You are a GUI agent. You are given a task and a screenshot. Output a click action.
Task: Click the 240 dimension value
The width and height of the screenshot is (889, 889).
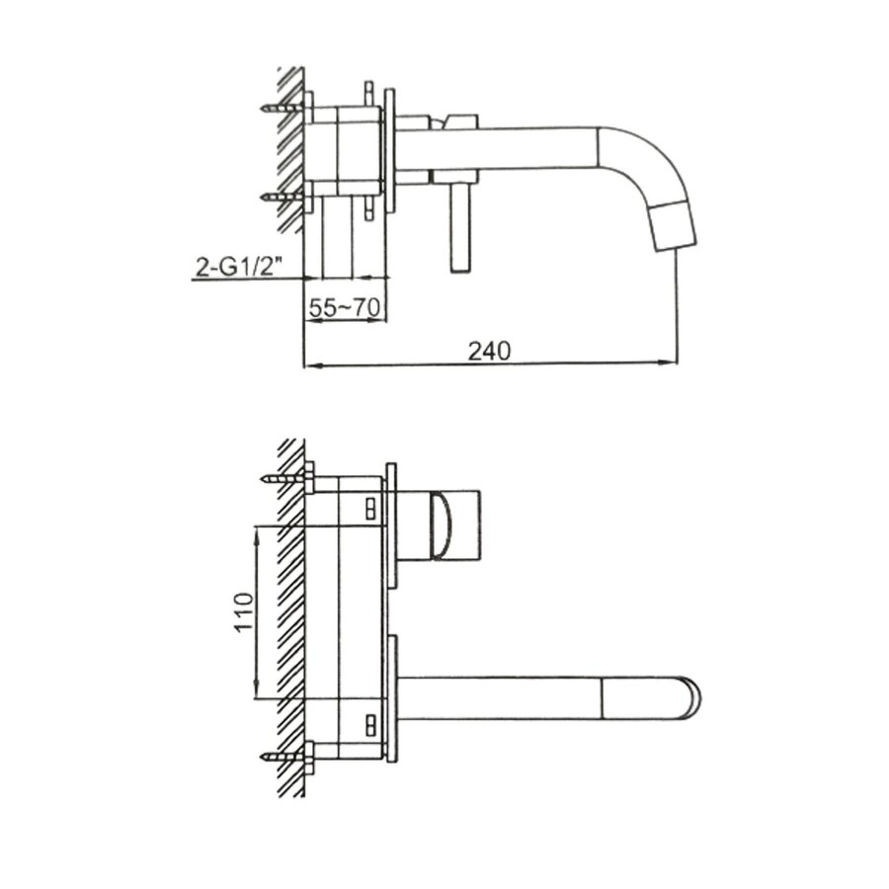(x=488, y=351)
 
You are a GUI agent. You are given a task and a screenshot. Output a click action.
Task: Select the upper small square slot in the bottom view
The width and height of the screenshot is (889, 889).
(x=370, y=508)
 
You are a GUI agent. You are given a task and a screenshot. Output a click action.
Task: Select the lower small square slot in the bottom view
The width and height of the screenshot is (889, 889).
(x=370, y=724)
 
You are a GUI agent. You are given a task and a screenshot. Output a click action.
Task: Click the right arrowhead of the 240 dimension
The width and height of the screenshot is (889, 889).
(x=672, y=365)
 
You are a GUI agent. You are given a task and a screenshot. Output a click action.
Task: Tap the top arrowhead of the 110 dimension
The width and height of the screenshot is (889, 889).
(x=258, y=532)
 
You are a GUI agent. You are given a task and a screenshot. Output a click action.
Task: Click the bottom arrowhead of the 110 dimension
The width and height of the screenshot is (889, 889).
(x=258, y=695)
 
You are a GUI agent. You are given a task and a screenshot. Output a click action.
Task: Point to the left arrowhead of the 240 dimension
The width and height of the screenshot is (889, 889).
(x=307, y=365)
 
